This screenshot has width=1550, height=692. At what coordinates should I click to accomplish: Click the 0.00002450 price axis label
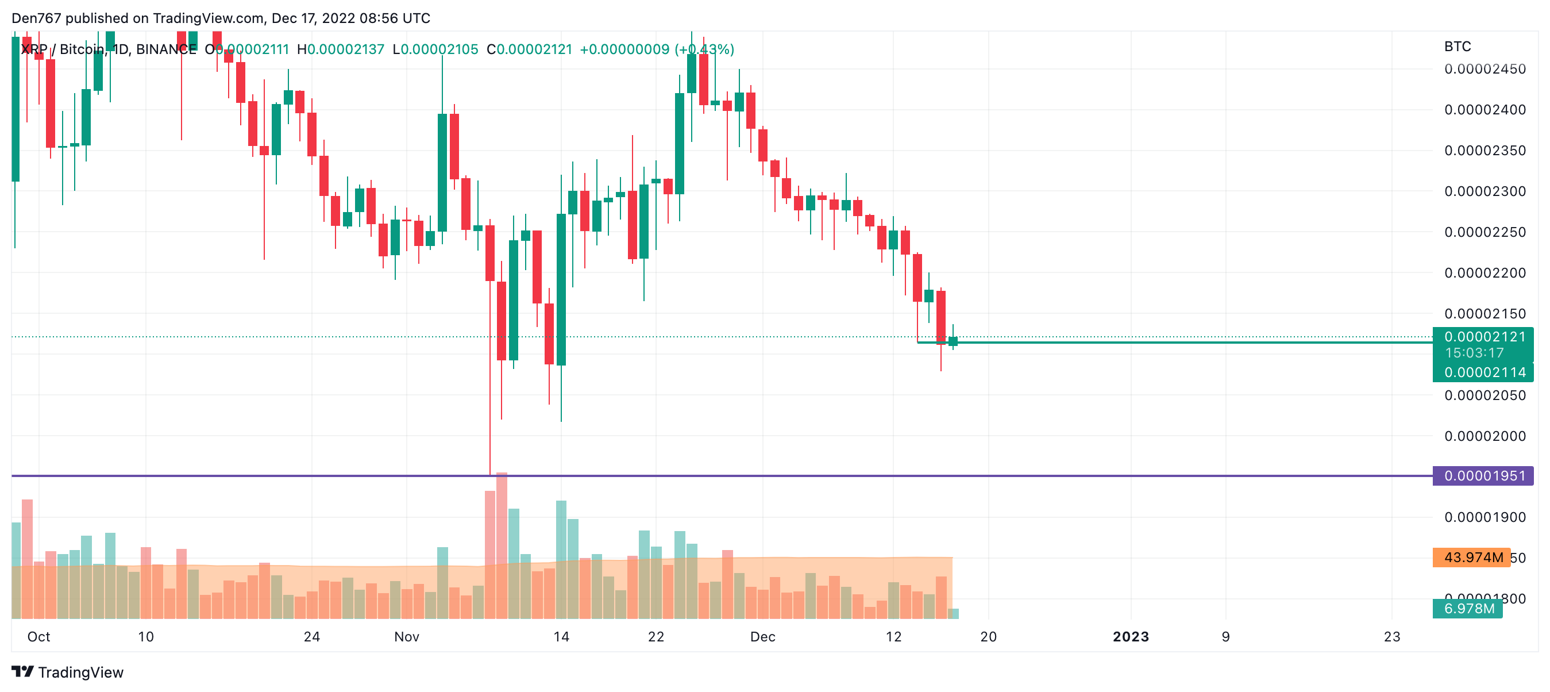click(x=1485, y=69)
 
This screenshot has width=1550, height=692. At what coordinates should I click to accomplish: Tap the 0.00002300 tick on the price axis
click(x=1485, y=191)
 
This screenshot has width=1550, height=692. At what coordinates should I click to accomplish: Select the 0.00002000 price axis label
click(x=1485, y=436)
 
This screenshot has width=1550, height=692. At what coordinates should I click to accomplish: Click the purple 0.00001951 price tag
click(x=1484, y=476)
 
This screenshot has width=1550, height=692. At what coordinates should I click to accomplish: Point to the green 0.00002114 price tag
click(x=1484, y=372)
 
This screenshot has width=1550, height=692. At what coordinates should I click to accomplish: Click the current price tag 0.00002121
click(x=1484, y=337)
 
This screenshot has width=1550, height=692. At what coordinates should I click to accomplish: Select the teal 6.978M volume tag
click(x=1468, y=608)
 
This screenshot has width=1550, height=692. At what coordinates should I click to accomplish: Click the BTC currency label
click(x=1458, y=47)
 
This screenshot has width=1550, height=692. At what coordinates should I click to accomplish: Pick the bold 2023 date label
click(x=1131, y=637)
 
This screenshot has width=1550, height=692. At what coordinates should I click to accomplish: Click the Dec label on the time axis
click(x=762, y=637)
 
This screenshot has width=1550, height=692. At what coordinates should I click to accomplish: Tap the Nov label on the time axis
click(x=406, y=637)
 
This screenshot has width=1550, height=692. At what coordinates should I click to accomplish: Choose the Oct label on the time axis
click(x=38, y=637)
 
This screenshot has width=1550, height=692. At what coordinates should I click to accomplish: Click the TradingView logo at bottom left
click(x=67, y=672)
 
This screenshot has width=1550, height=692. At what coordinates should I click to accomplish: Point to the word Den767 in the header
click(x=36, y=18)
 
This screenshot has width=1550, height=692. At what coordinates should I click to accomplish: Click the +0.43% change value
click(x=704, y=49)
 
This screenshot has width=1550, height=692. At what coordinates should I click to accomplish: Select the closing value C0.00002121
click(x=530, y=49)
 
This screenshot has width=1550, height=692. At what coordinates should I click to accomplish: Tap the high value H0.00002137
click(x=341, y=49)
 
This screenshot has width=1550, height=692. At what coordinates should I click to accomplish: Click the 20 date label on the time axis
click(x=988, y=637)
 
